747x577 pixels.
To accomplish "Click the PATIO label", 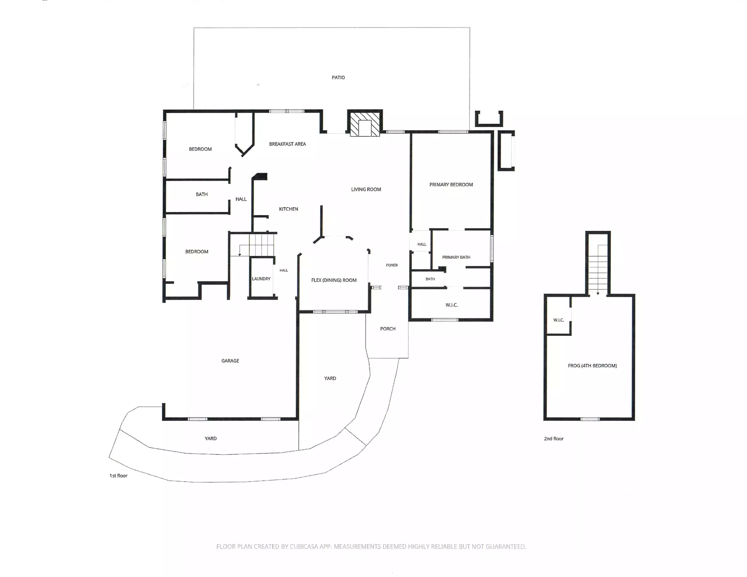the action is point(338,78).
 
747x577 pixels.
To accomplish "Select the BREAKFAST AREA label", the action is point(287,144).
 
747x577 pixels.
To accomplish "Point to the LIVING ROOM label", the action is point(366,189).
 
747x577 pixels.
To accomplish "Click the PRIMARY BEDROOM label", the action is point(451,184).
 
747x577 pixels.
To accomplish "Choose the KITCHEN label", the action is point(288,209).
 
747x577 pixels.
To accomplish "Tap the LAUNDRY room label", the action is point(261,279).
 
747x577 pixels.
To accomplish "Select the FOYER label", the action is point(392,265).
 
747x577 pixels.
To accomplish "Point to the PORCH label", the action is point(388,329).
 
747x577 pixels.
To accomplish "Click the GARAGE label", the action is point(230,361).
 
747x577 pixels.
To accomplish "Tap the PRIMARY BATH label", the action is point(456,257).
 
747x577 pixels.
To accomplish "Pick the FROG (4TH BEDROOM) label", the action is point(593,366).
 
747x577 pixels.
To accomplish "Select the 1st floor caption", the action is point(118,476).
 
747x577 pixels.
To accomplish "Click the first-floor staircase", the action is point(262,245).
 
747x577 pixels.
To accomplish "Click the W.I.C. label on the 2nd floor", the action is point(558,320).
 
